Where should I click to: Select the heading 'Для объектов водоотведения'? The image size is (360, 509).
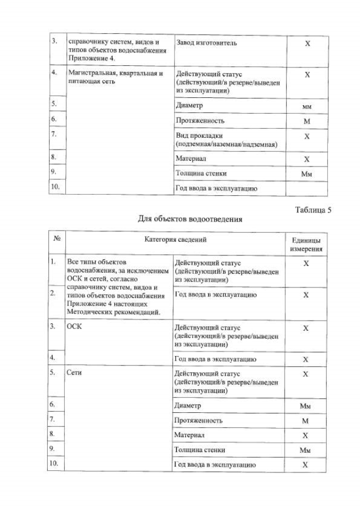tap(190, 219)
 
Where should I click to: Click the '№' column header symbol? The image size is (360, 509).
tap(56, 239)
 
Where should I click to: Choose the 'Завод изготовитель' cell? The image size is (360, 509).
tap(206, 43)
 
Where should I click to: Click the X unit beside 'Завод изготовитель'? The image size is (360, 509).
tap(307, 44)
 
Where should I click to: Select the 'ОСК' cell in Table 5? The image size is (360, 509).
tap(74, 328)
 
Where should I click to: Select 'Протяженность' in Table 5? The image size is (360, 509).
tap(199, 420)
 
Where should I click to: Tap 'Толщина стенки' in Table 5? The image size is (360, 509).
tap(200, 449)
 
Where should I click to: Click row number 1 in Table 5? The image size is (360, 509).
tap(53, 262)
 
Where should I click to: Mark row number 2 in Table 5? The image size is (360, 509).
tap(53, 294)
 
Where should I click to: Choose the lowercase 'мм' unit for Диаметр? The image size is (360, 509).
tap(307, 106)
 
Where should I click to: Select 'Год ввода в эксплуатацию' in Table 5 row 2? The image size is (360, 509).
tap(216, 294)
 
